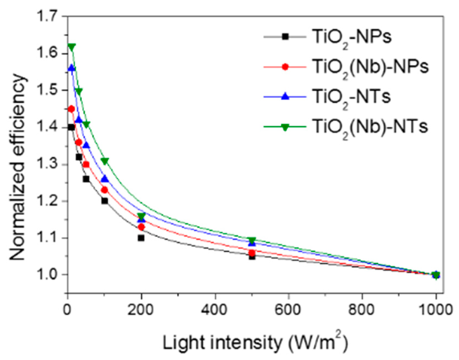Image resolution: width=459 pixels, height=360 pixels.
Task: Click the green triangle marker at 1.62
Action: click(x=72, y=47)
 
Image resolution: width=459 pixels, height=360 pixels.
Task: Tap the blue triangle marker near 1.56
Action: click(x=72, y=68)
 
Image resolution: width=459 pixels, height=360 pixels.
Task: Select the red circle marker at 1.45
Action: click(x=71, y=109)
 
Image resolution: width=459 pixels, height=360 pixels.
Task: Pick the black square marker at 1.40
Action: click(x=71, y=127)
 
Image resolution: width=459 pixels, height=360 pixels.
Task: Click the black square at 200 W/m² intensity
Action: click(x=141, y=238)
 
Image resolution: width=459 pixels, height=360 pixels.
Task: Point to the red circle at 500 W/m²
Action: click(x=252, y=252)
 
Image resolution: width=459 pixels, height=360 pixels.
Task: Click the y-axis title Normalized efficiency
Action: click(x=19, y=167)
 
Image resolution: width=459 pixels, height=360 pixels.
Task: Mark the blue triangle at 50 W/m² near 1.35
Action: click(x=86, y=145)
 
